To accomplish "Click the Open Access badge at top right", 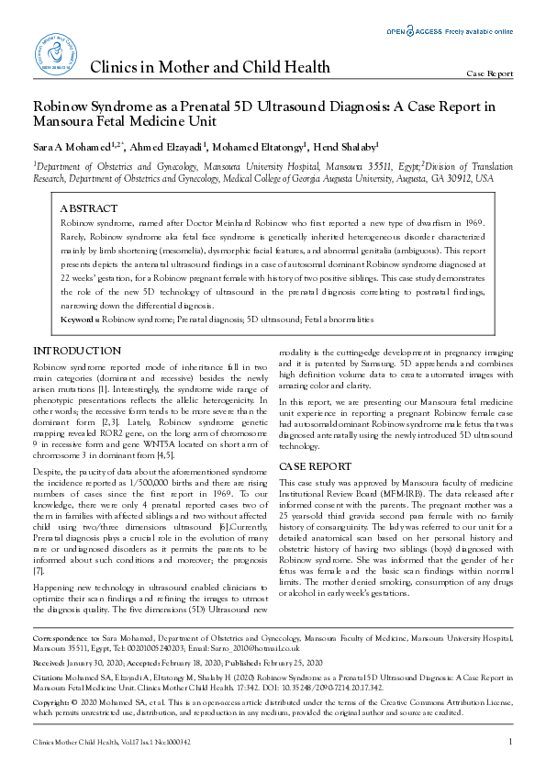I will (x=449, y=31).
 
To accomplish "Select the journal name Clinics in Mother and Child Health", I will (x=209, y=68).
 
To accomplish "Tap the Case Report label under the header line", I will (x=490, y=73).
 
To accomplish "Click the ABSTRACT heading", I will (x=88, y=209).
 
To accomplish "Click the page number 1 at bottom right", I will (x=510, y=741).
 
